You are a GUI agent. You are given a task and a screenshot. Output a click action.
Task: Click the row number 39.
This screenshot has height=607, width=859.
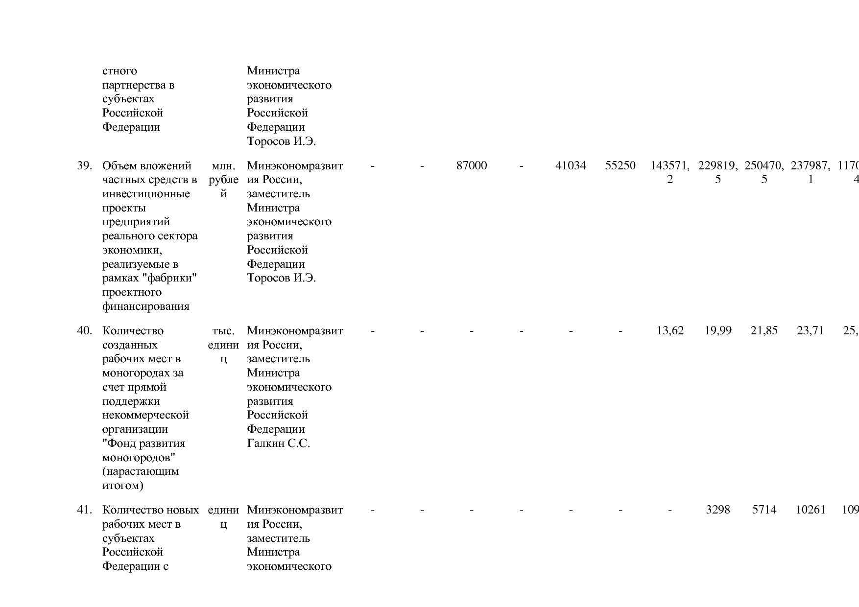[x=85, y=165]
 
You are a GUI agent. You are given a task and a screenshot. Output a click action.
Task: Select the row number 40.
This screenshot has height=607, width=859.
[x=85, y=330]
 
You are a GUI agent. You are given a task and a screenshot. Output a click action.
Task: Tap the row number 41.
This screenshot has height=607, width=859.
[x=85, y=510]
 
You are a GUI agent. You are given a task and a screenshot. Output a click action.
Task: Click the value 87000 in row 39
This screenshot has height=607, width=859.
[x=472, y=165]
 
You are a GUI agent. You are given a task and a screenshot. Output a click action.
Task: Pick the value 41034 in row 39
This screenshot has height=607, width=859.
[x=571, y=165]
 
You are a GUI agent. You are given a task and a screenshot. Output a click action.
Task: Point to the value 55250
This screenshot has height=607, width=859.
[x=620, y=165]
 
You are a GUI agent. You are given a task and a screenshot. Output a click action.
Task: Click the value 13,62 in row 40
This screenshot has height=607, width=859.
[x=670, y=330]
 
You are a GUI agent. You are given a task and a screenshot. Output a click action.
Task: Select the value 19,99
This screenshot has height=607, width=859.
[x=718, y=330]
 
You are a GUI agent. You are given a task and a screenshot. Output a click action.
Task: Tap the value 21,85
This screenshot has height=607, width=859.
[x=764, y=330]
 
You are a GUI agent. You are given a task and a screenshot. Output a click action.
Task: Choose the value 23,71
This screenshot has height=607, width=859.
[x=811, y=330]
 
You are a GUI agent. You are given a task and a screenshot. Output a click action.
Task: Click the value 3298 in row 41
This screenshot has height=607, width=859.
[x=718, y=510]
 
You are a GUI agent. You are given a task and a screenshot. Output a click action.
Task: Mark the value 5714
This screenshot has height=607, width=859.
[x=764, y=510]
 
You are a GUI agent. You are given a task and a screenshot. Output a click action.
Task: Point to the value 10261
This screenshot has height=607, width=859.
[x=811, y=510]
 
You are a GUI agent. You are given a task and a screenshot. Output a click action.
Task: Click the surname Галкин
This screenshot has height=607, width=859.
[x=265, y=444]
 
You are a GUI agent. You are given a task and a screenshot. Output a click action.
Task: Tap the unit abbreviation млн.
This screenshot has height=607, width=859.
[x=223, y=165]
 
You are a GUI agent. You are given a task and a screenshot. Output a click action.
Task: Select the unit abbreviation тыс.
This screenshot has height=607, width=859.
[x=223, y=330]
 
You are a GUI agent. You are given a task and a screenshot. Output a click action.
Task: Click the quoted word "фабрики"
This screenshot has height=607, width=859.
[x=173, y=278]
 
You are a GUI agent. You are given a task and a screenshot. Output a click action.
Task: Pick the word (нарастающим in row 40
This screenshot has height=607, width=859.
[x=141, y=471]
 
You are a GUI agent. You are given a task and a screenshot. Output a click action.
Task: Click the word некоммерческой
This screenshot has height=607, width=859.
[x=145, y=415]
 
